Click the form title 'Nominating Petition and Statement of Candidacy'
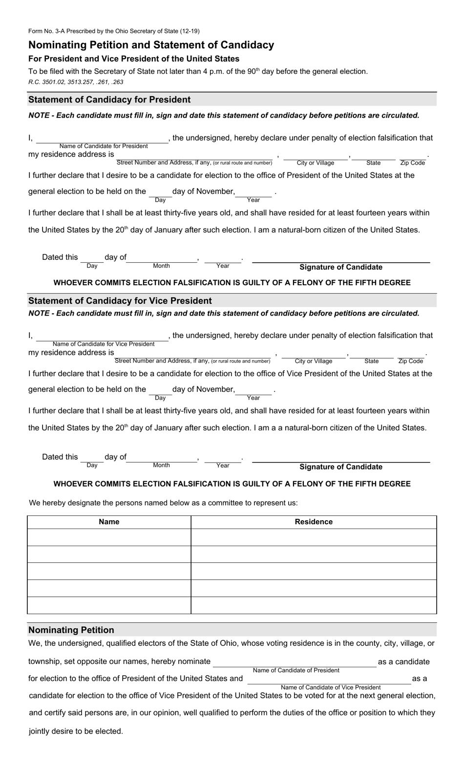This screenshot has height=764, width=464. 151,45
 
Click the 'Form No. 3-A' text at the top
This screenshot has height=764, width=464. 114,31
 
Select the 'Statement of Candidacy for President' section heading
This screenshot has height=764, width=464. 109,100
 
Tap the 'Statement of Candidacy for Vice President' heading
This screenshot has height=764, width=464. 120,301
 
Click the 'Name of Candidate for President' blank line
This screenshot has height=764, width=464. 103,140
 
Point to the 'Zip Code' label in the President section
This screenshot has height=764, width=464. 412,163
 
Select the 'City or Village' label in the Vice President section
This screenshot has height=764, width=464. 313,361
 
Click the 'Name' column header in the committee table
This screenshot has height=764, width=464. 109,522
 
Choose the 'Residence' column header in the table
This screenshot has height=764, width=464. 314,522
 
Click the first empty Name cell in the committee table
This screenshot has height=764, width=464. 109,537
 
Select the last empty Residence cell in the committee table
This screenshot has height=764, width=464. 314,605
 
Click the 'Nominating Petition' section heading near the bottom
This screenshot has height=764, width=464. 71,630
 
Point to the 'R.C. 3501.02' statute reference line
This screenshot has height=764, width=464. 76,82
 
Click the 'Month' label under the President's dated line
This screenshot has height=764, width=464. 161,266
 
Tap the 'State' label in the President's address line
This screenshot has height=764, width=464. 373,163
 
